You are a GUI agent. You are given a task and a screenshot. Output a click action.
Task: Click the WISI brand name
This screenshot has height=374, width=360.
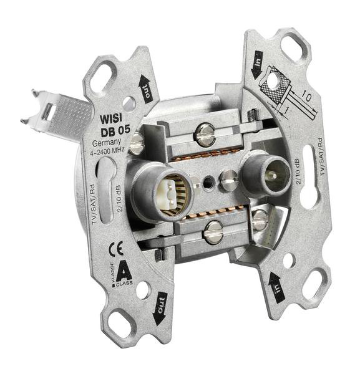(111, 118)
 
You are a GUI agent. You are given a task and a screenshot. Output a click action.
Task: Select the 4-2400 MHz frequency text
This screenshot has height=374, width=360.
(107, 151)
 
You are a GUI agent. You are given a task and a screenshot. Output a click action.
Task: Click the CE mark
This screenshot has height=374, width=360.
(116, 249)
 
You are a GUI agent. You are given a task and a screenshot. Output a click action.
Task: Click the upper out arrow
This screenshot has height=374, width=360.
(146, 88)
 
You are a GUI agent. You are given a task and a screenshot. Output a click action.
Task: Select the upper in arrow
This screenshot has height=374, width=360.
(257, 64)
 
